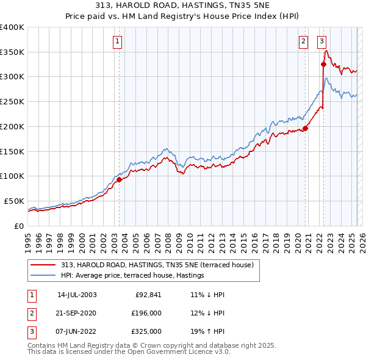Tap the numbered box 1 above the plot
[117, 41]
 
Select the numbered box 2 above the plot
[303, 41]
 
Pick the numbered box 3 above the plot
[321, 41]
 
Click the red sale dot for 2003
[120, 179]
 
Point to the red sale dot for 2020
[306, 128]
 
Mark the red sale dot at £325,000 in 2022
[324, 64]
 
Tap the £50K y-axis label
[14, 201]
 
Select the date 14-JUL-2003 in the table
[77, 295]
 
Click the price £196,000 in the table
[146, 313]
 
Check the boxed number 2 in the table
[31, 313]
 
